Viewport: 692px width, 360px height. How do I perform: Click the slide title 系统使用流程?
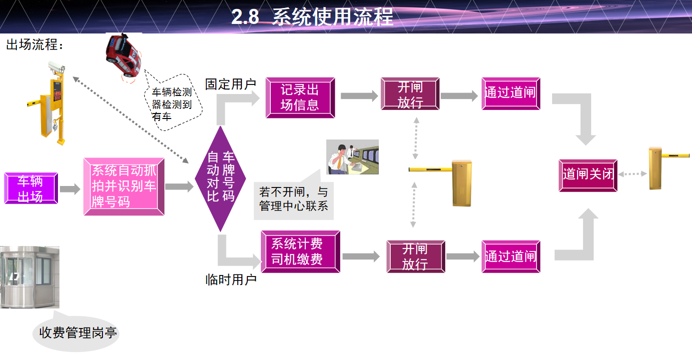(312, 17)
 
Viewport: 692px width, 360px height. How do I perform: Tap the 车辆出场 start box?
(31, 188)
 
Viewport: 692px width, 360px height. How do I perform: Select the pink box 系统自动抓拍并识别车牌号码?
(124, 186)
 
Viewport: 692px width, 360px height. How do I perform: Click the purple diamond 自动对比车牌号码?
(220, 178)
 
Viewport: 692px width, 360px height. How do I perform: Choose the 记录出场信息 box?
(300, 97)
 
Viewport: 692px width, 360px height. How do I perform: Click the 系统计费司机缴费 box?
(300, 251)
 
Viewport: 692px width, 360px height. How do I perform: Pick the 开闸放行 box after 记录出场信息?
(410, 94)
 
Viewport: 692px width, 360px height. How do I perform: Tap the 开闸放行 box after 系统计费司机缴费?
(415, 256)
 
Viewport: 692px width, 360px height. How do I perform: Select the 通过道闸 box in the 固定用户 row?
(511, 93)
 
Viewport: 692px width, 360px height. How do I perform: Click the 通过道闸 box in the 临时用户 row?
(511, 256)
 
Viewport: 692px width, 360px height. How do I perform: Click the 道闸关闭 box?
(588, 175)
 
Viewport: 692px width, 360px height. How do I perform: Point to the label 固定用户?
(230, 84)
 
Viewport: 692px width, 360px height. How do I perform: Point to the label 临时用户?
(231, 279)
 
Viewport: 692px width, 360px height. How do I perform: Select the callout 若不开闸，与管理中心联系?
(293, 199)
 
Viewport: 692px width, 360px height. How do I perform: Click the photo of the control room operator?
(352, 157)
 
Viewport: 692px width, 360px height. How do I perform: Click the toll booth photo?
(29, 276)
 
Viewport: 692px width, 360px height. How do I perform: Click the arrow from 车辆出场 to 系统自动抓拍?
(70, 189)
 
